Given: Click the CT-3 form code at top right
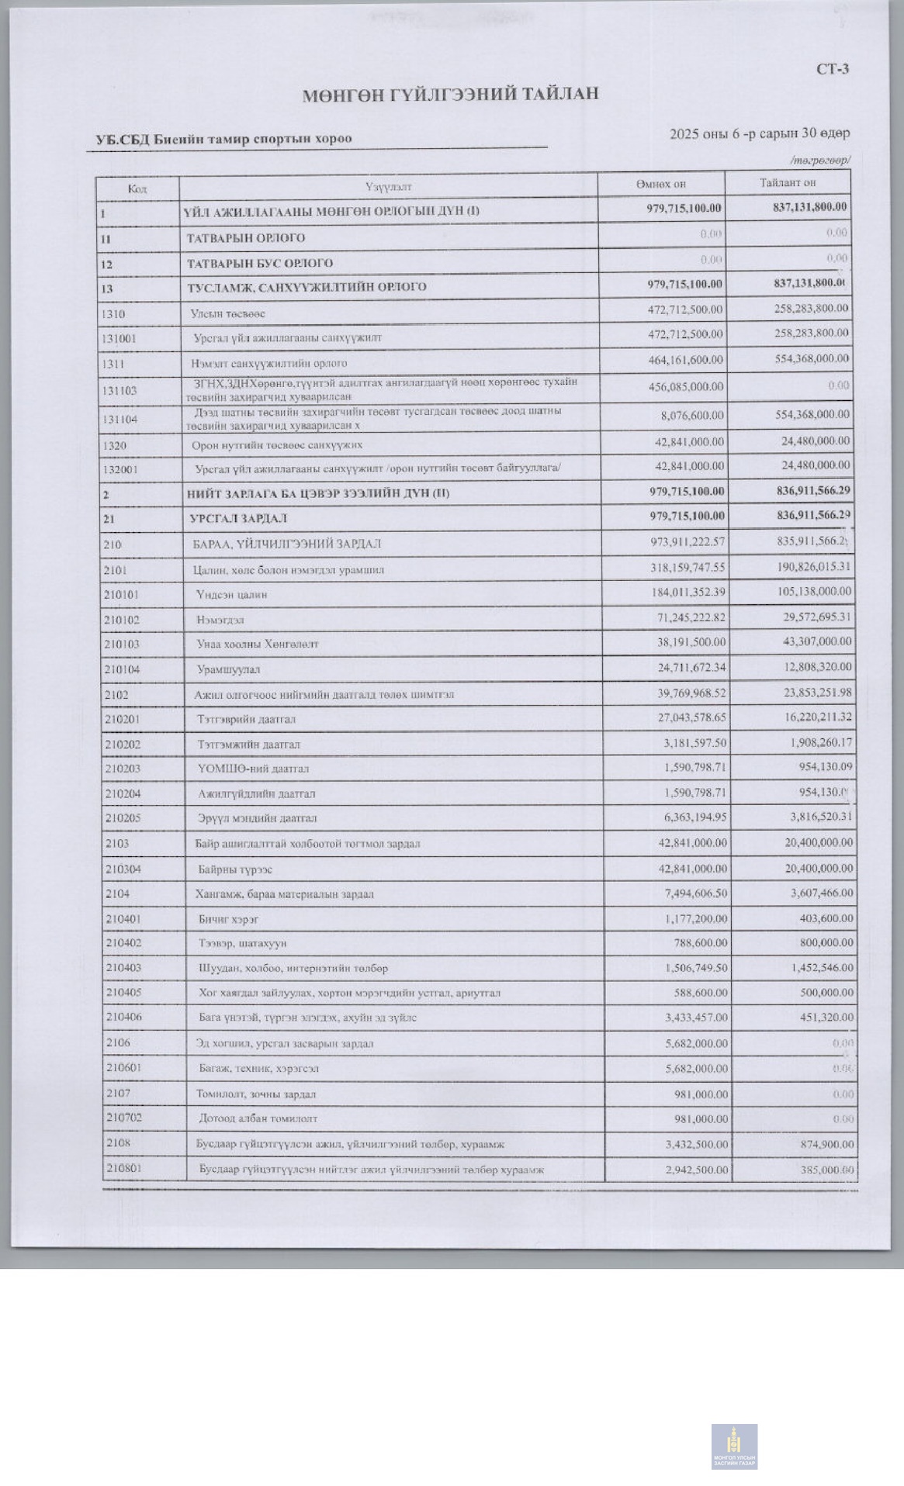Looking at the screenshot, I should point(832,69).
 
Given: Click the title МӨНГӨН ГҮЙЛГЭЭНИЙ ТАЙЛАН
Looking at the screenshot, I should point(450,95).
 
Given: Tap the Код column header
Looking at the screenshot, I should point(137,188).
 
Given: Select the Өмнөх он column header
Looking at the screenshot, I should point(660,184).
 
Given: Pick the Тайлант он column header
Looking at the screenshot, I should point(787,182).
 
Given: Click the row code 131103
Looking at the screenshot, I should point(119,391).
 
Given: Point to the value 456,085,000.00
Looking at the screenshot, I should point(685,386).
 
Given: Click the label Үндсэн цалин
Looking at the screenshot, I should point(231,595).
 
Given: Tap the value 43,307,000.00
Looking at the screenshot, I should point(812,641).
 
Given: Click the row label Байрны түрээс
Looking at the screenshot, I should point(235,869).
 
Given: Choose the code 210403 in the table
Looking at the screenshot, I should point(124,968).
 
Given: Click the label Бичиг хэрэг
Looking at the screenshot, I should point(228,919).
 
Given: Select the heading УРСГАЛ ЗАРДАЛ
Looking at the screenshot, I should point(238,518).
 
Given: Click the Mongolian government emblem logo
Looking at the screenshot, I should point(734,1446).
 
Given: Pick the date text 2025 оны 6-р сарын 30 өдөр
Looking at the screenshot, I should point(759,133).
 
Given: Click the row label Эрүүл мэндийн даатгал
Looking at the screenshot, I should point(257,818).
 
